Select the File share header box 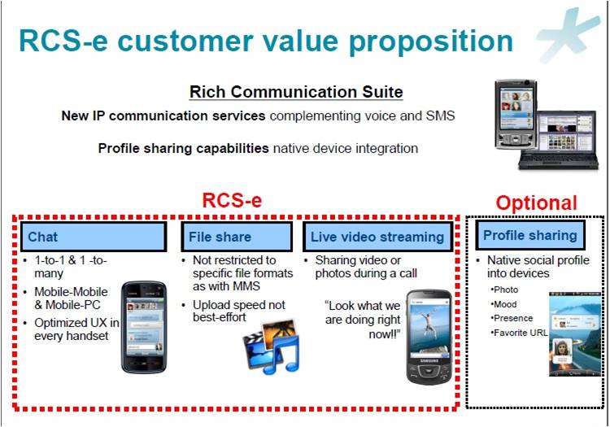tap(236, 237)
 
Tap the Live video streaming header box tap(377, 237)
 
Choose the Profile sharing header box tap(529, 235)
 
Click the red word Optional tap(536, 203)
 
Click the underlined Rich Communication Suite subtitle tap(296, 92)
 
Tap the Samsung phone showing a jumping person tap(428, 334)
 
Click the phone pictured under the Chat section tap(145, 325)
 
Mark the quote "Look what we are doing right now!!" tap(363, 318)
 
